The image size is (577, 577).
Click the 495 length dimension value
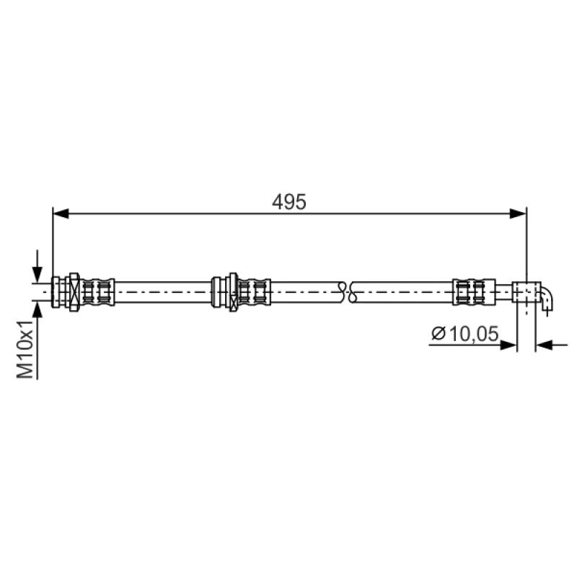[289, 202]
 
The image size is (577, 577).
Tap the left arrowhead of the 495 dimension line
[61, 213]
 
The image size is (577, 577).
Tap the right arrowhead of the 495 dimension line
[519, 213]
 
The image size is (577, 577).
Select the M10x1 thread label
[25, 349]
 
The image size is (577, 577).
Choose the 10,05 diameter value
[474, 334]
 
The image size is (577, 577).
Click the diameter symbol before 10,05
[439, 334]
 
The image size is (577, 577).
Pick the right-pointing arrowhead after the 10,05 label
[509, 345]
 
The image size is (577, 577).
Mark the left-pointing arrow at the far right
[551, 345]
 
